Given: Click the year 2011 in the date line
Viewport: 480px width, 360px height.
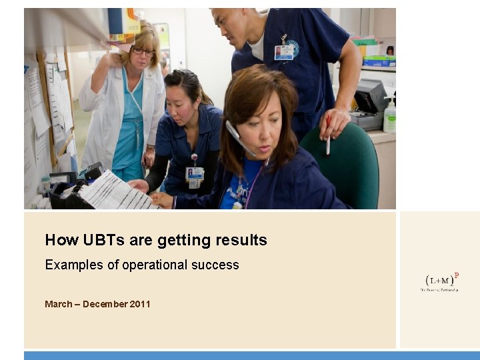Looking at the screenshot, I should click(140, 304).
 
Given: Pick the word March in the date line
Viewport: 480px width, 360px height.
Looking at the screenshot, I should click(59, 304).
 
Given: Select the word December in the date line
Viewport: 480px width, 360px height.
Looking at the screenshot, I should click(105, 304).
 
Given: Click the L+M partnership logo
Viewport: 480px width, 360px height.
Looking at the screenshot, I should click(439, 281).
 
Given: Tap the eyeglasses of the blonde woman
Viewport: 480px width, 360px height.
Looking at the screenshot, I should click(143, 51).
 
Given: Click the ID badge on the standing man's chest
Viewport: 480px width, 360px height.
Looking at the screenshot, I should click(284, 52).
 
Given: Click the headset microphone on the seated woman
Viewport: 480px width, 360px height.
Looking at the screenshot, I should click(240, 140).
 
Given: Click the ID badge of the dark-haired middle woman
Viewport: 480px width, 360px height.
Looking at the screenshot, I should click(195, 175).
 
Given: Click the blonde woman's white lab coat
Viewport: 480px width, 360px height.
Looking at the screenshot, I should click(100, 113).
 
